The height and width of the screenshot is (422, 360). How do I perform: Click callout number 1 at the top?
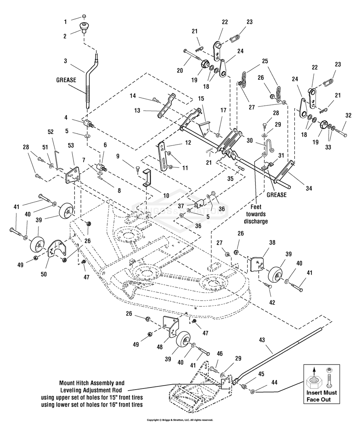[x=65, y=22]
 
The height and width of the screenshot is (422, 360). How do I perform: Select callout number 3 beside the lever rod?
[x=65, y=60]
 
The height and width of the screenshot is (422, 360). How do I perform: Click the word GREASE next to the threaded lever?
[x=66, y=80]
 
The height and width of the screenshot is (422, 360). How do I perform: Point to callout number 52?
[x=50, y=132]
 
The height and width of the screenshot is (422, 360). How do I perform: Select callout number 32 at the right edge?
[x=348, y=115]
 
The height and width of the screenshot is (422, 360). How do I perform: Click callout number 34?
[x=309, y=188]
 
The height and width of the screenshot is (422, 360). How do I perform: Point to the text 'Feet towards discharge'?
[x=256, y=214]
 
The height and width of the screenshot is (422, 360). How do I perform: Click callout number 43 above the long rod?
[x=262, y=340]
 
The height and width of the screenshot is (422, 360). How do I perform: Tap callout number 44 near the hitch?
[x=274, y=382]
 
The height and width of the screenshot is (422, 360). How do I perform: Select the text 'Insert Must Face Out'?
[x=321, y=396]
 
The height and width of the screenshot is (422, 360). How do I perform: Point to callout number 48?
[x=160, y=347]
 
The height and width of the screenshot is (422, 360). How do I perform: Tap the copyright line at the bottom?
[x=180, y=420]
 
